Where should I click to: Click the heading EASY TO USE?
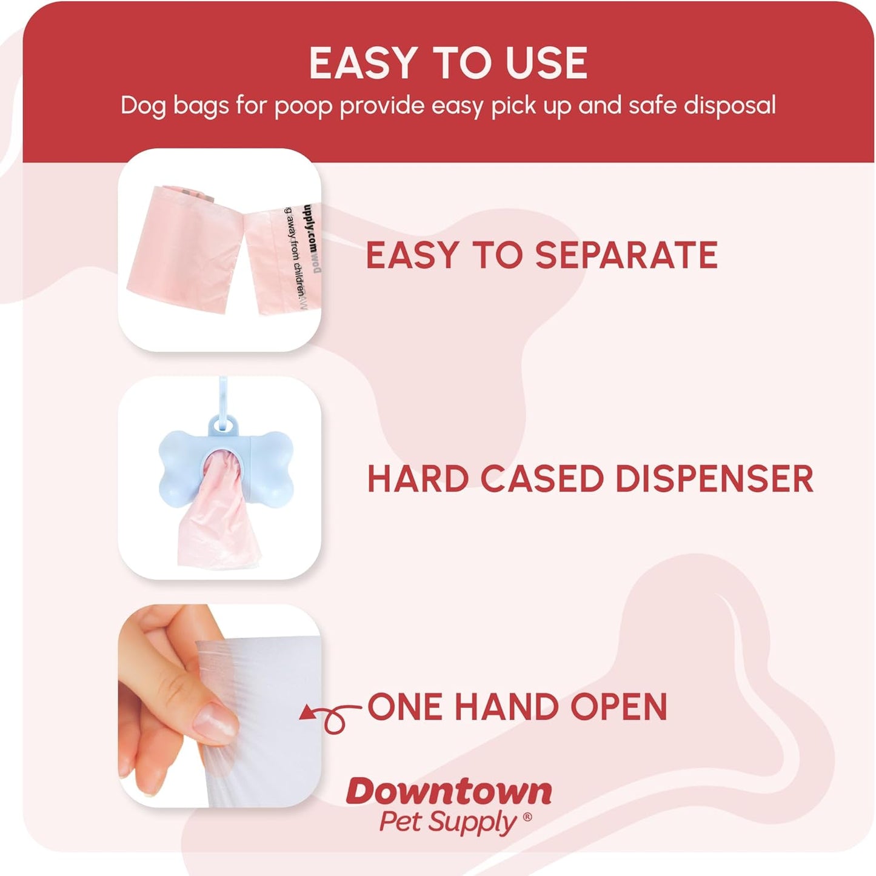pyautogui.click(x=448, y=63)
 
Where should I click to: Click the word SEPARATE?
pyautogui.click(x=626, y=255)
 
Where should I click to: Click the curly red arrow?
pyautogui.click(x=330, y=716)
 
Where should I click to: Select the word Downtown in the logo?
pyautogui.click(x=449, y=792)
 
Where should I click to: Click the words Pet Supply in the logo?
pyautogui.click(x=447, y=823)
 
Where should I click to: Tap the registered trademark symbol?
pyautogui.click(x=527, y=817)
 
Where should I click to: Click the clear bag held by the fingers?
pyautogui.click(x=267, y=727)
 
